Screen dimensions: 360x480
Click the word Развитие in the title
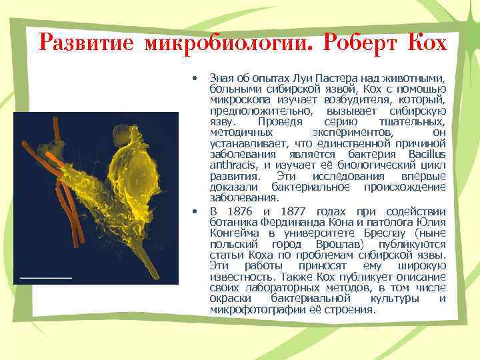coord(85,42)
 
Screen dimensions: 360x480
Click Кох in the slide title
coord(427,42)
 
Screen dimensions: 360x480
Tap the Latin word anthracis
coord(233,165)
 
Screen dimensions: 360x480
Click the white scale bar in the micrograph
coord(45,275)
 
